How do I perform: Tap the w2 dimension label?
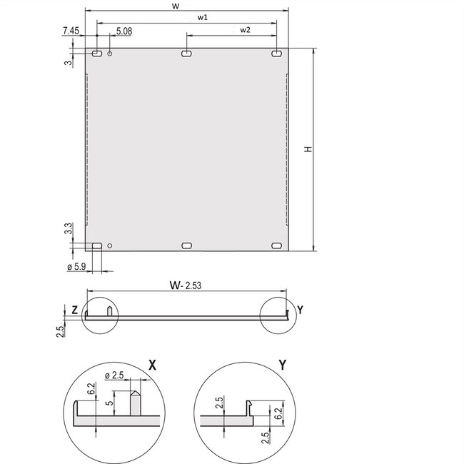point(245,29)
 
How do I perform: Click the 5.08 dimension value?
point(124,31)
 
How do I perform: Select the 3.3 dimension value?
point(67,229)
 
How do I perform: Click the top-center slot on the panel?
point(186,54)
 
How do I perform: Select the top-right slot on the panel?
point(276,54)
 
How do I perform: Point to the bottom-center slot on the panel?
point(186,246)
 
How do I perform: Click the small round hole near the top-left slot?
point(110,54)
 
